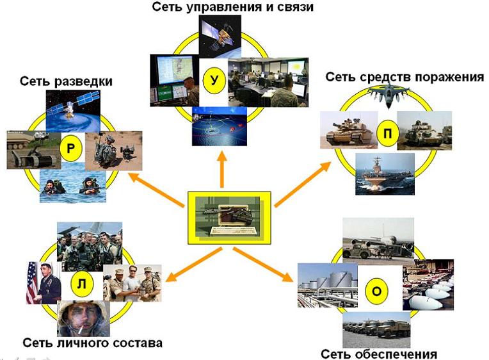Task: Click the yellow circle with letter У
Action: tap(214, 81)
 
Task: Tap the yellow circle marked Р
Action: tap(71, 148)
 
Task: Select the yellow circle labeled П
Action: tap(387, 134)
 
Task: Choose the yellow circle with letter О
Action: tap(377, 291)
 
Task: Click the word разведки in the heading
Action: tap(83, 81)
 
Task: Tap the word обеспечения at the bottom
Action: tap(396, 354)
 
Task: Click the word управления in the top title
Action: tap(224, 7)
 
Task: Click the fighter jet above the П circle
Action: tap(389, 94)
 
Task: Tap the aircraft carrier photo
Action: tap(385, 174)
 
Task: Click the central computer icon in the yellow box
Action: tap(229, 218)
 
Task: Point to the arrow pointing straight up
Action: tap(222, 169)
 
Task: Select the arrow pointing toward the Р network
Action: tap(156, 190)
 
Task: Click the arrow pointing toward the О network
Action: tap(263, 264)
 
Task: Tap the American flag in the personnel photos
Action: tap(32, 283)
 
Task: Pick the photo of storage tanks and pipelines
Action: tap(328, 286)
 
